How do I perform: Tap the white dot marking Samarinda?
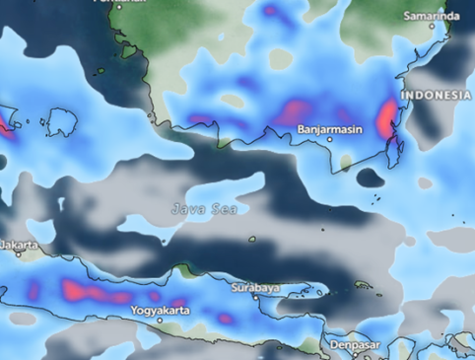pyautogui.click(x=432, y=27)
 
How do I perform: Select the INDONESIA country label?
pyautogui.click(x=436, y=95)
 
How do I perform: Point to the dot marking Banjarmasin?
pyautogui.click(x=331, y=139)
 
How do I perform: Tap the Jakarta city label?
pyautogui.click(x=19, y=243)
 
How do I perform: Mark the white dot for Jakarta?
pyautogui.click(x=18, y=254)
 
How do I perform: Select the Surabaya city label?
pyautogui.click(x=255, y=287)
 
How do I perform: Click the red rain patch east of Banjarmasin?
pyautogui.click(x=387, y=123)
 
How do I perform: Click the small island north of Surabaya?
pyautogui.click(x=252, y=239)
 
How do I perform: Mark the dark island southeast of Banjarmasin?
pyautogui.click(x=371, y=178)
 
